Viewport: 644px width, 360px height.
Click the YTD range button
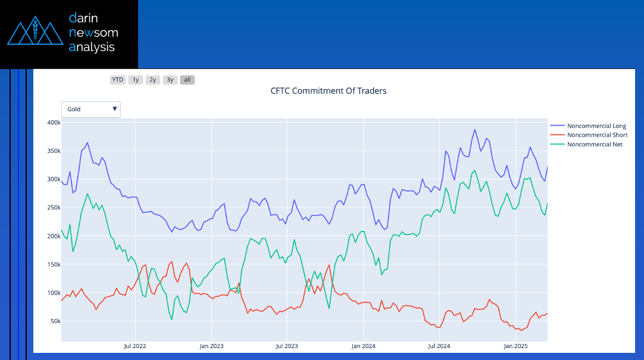tap(118, 80)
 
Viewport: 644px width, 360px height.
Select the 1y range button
tap(136, 80)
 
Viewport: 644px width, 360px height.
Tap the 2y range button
tap(153, 80)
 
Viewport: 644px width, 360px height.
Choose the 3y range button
tap(170, 80)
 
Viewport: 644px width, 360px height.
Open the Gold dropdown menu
tap(91, 109)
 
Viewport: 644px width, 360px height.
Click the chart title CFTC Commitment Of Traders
tap(329, 91)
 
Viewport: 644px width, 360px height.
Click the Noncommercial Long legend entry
tap(596, 126)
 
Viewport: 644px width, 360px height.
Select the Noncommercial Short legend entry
tap(597, 135)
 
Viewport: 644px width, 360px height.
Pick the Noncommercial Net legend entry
tap(595, 144)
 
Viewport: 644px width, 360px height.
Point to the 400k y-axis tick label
tap(54, 123)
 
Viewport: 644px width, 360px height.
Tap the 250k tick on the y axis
tap(54, 208)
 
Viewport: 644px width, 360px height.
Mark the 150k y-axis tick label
tap(54, 265)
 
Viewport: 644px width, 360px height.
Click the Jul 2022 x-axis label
tap(135, 346)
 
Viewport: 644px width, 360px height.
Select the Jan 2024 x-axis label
tap(363, 346)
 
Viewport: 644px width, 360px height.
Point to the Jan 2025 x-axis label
tap(515, 346)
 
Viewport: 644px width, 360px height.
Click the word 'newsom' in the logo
tap(93, 32)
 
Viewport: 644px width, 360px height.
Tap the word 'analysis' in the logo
tap(92, 47)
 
